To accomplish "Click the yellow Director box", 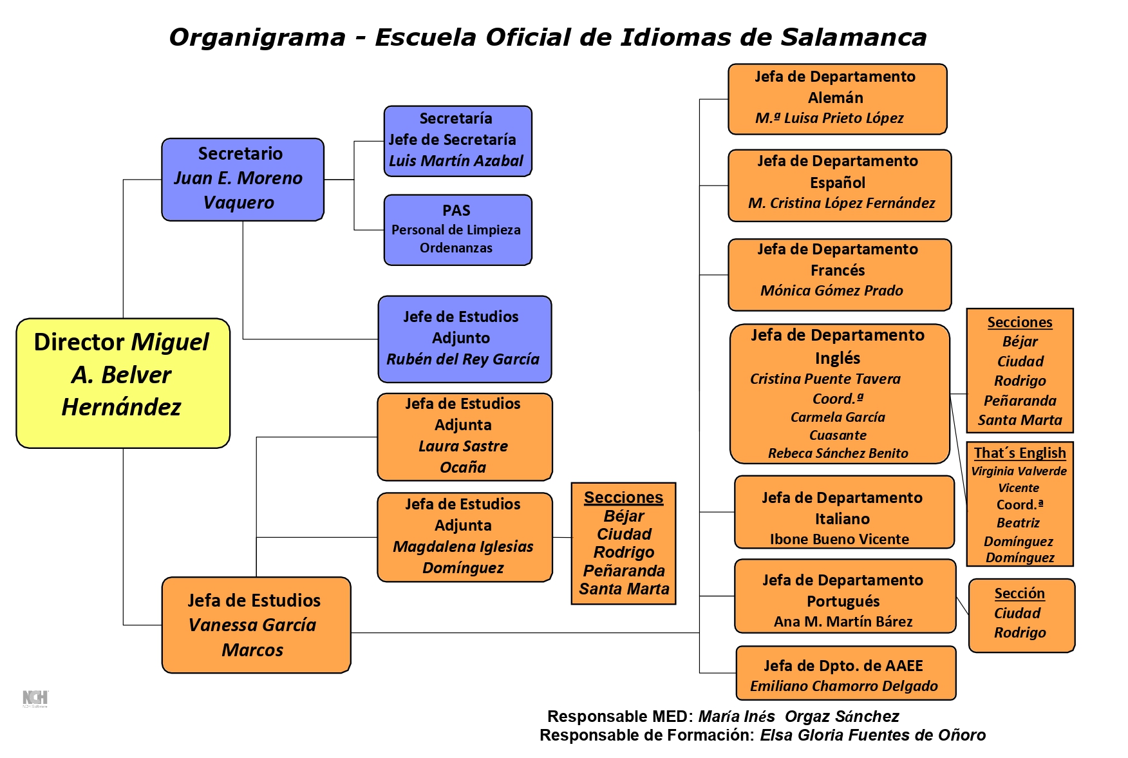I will pos(122,383).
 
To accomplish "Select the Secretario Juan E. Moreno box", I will pos(242,179).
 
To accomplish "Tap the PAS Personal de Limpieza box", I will pos(457,230).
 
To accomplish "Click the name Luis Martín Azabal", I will pos(456,161).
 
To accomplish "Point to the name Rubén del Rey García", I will pos(463,359).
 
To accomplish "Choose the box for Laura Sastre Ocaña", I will pos(464,437).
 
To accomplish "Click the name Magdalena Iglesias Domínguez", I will pos(464,557).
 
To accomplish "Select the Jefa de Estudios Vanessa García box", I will pos(256,625).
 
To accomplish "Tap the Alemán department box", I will pos(837,99).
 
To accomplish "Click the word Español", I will pos(838,183).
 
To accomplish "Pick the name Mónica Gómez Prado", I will pos(832,291).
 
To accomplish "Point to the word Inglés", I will pos(838,358).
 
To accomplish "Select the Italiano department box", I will pos(843,512).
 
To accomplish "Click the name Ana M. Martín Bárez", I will pos(843,622).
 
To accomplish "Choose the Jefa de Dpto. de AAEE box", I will pos(845,673).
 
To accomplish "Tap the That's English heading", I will pos(1020,453).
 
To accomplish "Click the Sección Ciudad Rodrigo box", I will pos(1021,615).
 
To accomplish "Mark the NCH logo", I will pos(35,699).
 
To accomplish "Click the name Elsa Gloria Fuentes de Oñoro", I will pos(872,735).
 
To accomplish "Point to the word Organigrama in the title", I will pos(257,37).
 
